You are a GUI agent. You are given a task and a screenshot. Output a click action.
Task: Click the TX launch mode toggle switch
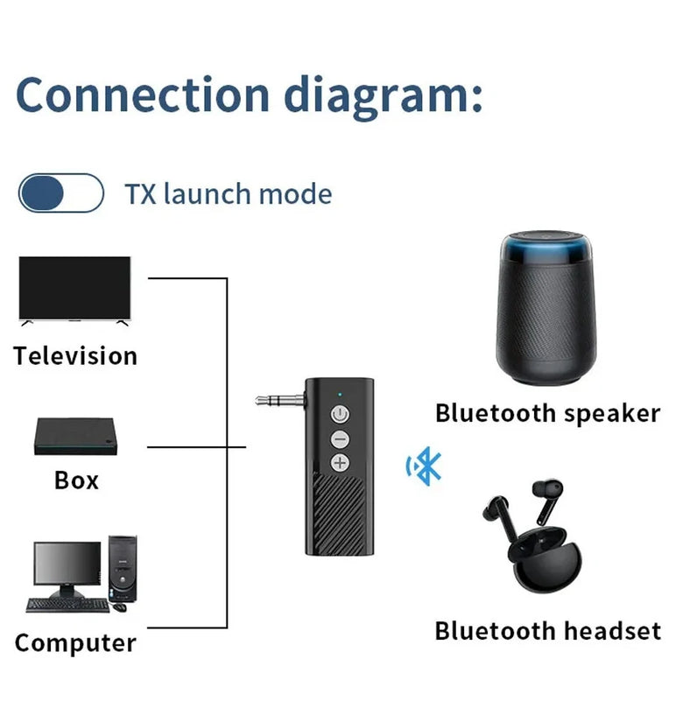(61, 193)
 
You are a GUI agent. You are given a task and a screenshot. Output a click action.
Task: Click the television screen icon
(74, 289)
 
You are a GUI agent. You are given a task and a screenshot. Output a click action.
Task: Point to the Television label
(75, 356)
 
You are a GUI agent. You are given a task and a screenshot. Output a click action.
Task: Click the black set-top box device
(76, 436)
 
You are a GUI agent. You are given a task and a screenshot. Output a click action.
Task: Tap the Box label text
(76, 480)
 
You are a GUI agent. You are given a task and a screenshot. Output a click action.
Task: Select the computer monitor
(67, 566)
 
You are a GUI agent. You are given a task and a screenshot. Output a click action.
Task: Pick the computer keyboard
(67, 605)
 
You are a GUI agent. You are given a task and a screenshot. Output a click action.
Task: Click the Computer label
(75, 643)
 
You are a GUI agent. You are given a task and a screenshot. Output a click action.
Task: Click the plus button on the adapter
(339, 463)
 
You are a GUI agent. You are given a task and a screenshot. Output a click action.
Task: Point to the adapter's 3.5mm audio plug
(278, 400)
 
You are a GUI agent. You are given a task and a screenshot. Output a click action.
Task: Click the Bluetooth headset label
(547, 630)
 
